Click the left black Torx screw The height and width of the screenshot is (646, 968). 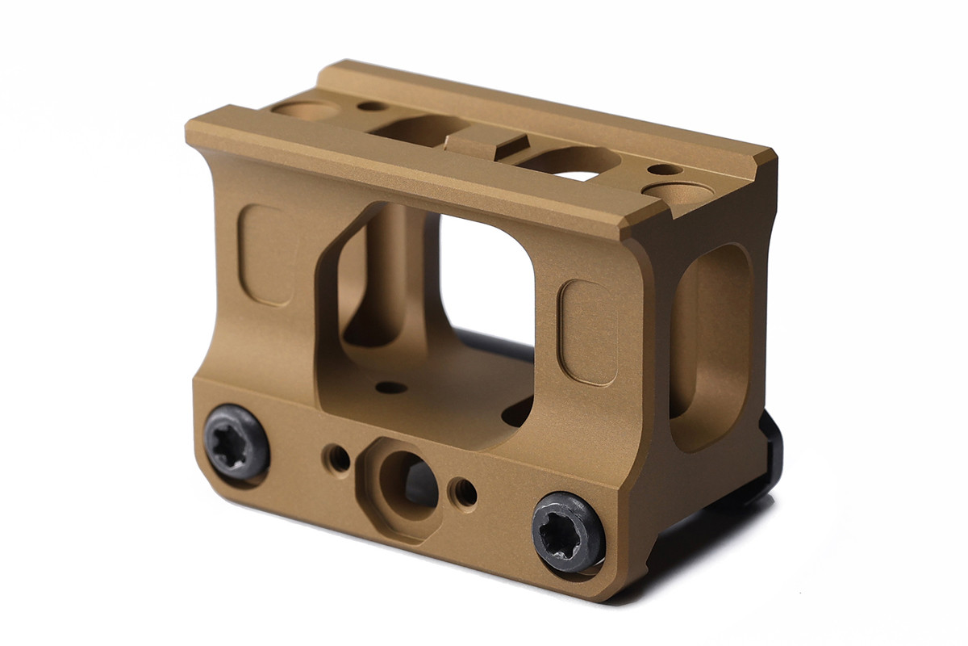coord(236,441)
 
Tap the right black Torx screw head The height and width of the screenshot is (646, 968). coord(568,531)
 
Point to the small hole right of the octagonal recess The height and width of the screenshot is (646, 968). coord(464,492)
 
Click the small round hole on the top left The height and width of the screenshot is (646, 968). coord(373,105)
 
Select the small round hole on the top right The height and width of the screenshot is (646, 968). coord(663,170)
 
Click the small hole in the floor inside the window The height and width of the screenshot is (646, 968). coord(391,388)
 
